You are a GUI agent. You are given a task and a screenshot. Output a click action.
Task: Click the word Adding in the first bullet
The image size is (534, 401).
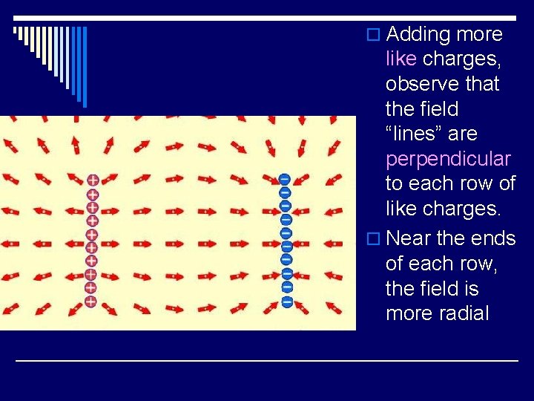(x=418, y=34)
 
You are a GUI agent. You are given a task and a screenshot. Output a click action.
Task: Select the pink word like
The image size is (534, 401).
(x=401, y=59)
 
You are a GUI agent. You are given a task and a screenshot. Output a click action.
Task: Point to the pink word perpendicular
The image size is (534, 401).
(x=448, y=160)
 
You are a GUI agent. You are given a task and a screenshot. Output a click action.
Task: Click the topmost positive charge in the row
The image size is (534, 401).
(x=92, y=180)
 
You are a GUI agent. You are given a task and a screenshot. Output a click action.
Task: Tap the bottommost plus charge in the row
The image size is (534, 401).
(x=90, y=301)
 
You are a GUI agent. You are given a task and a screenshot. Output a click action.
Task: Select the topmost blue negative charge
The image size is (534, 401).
(x=284, y=179)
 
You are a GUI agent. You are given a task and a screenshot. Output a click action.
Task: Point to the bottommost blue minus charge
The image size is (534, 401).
(x=286, y=301)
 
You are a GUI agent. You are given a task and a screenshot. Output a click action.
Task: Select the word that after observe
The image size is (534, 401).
(x=482, y=85)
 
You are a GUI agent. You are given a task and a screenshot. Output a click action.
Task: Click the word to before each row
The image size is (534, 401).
(x=395, y=184)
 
